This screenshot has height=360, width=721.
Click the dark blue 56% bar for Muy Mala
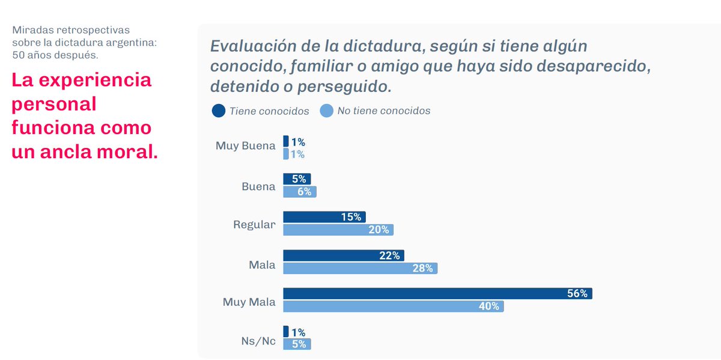pyautogui.click(x=437, y=293)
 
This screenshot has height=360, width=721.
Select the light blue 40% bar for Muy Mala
pyautogui.click(x=393, y=306)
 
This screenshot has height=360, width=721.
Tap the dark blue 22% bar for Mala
pyautogui.click(x=343, y=255)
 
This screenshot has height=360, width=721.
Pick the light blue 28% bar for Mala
pyautogui.click(x=360, y=268)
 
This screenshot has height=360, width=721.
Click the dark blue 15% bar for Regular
pyautogui.click(x=324, y=217)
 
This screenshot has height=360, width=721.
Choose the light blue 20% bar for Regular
pyautogui.click(x=338, y=230)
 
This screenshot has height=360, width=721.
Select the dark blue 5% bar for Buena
pyautogui.click(x=297, y=178)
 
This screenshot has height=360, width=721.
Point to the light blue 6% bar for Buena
pyautogui.click(x=299, y=191)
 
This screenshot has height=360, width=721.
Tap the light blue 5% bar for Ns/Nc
pyautogui.click(x=297, y=344)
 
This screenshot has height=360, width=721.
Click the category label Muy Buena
pyautogui.click(x=245, y=145)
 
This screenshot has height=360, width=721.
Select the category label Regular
pyautogui.click(x=254, y=225)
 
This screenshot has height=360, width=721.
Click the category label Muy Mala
pyautogui.click(x=249, y=302)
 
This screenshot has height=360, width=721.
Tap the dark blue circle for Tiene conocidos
pyautogui.click(x=219, y=111)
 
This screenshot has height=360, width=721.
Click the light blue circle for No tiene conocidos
pyautogui.click(x=326, y=111)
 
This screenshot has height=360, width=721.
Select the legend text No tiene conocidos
pyautogui.click(x=383, y=111)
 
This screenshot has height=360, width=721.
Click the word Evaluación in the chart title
pyautogui.click(x=254, y=46)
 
